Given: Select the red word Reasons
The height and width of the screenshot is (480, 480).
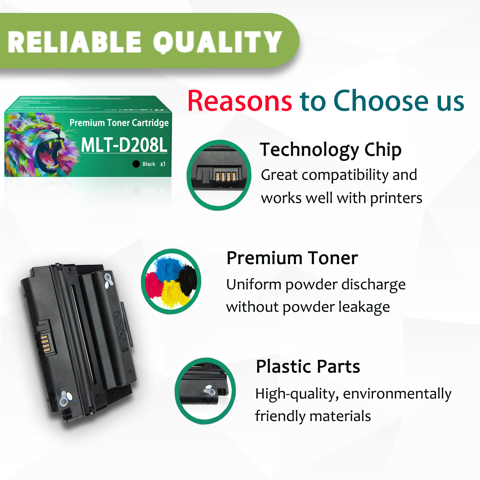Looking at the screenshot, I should pos(240,101).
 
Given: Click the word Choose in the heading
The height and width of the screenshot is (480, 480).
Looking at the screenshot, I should pos(381,101).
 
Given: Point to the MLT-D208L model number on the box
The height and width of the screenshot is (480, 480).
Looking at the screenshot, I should pos(124,145).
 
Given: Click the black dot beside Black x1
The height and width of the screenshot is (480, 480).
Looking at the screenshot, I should pos(136,164).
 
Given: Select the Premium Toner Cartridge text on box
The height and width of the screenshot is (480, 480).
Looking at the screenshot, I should pos(119,123).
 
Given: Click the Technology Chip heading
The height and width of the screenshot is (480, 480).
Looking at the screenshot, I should pos(330,150).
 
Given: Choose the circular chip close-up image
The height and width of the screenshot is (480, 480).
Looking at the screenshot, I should pos(219,175).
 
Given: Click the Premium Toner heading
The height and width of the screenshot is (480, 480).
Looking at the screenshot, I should pos(292,258).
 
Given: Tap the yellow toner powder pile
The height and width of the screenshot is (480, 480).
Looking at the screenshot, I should pos(172,294).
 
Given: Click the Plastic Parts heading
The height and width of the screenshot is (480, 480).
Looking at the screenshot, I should pos(308,366).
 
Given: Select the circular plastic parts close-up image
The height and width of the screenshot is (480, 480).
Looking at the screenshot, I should pos(205,391).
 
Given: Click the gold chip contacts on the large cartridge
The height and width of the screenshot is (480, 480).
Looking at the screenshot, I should pos(45,343).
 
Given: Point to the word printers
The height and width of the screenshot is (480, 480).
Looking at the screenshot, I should pos(396,198).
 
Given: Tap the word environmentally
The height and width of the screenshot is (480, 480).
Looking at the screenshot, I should pos(397,394).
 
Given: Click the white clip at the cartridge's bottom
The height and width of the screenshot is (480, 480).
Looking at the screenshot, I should pos(64,398).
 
